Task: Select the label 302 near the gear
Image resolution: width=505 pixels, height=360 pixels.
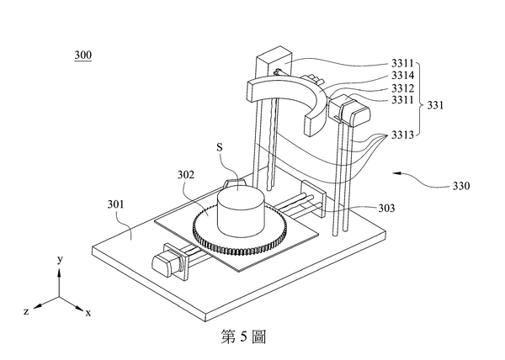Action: (186, 176)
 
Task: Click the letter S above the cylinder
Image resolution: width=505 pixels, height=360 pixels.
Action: (220, 148)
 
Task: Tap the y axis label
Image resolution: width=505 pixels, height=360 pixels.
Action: (59, 261)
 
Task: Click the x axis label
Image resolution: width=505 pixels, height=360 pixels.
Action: (88, 312)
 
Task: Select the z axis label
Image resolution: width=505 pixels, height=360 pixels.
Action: (27, 311)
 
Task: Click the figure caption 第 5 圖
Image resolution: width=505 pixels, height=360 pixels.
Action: (242, 336)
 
